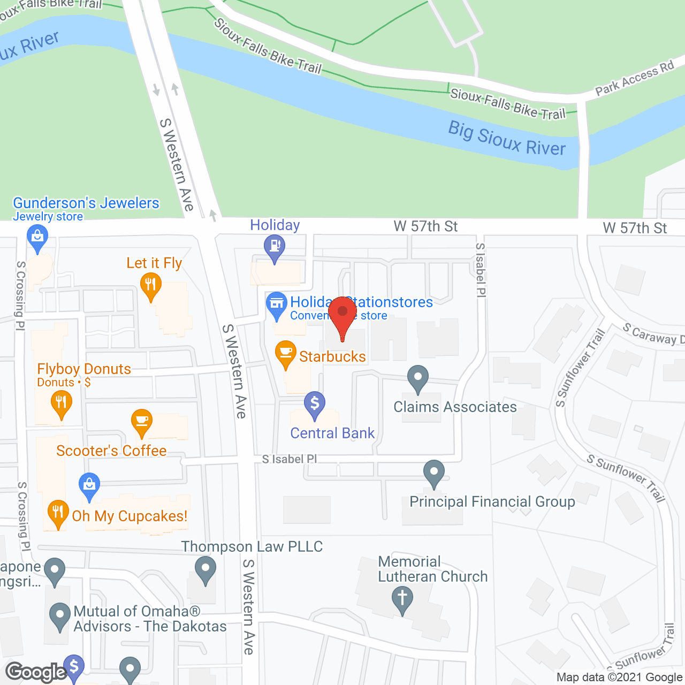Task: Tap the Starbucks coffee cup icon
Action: point(286,353)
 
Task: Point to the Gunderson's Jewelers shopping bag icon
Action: point(37,236)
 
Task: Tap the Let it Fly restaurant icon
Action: point(150,284)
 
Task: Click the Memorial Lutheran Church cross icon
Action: point(402,598)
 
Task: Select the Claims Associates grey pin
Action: point(418,377)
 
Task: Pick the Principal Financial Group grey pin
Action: point(434,473)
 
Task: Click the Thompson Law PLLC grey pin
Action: point(205,568)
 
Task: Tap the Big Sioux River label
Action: point(507,139)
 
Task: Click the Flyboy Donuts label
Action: point(84,369)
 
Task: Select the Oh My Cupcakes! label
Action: point(130,516)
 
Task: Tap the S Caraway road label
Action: point(653,334)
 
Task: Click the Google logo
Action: point(36,672)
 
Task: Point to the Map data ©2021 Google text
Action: point(619,678)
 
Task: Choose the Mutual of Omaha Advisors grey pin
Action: point(59,615)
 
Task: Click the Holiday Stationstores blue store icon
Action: point(277,303)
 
